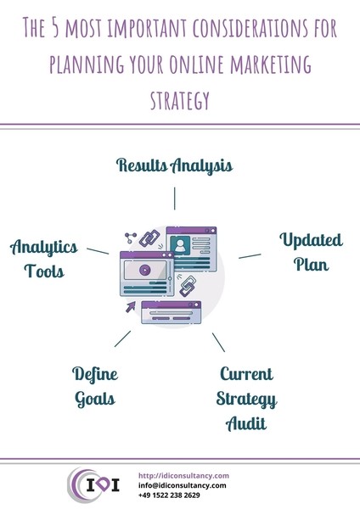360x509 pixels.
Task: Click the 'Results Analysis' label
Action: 174,165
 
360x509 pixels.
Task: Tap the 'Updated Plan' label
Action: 311,252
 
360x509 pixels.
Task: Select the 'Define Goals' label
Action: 95,387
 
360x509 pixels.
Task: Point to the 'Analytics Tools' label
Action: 44,259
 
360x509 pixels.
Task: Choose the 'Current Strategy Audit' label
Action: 246,399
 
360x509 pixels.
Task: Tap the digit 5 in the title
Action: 55,28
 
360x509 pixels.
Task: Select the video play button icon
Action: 145,270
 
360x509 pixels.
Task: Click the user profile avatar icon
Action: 180,246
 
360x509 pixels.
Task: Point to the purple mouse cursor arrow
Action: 131,307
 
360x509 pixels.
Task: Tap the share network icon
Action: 131,238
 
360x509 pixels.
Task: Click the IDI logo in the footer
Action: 93,485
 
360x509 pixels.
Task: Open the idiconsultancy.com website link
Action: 183,476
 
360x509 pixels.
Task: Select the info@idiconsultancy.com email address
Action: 182,485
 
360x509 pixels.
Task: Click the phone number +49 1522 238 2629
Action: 169,495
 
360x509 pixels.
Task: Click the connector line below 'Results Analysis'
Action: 174,199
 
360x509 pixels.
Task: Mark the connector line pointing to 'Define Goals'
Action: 122,338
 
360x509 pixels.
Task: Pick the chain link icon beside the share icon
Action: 149,238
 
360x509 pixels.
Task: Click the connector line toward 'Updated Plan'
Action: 250,256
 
